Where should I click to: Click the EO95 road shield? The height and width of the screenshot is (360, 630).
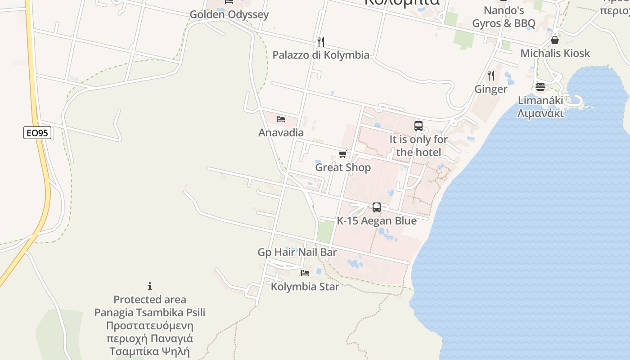37,133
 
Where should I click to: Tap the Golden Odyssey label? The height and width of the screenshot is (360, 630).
229,14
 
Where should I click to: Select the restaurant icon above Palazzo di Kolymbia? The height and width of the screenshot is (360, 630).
321,42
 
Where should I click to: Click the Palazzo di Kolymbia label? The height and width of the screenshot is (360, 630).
321,55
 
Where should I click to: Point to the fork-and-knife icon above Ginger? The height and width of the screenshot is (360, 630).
491,75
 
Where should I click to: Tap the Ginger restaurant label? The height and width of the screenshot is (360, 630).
491,89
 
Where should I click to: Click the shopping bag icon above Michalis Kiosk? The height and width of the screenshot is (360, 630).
555,40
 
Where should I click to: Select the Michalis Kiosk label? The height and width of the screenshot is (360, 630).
555,54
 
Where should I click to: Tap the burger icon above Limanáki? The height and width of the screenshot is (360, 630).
540,86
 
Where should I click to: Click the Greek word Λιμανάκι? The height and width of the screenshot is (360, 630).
540,113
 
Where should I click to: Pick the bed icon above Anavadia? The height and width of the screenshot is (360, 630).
281,119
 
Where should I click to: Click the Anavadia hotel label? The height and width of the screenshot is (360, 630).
281,133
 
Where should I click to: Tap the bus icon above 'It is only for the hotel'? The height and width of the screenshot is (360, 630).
418,126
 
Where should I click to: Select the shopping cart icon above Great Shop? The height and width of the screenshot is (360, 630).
343,154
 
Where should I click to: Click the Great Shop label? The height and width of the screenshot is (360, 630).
343,167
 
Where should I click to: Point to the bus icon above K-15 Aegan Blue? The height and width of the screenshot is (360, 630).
377,207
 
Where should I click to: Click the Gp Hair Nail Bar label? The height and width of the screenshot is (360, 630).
297,252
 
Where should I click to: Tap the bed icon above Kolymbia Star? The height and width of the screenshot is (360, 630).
305,273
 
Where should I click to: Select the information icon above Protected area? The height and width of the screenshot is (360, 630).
150,286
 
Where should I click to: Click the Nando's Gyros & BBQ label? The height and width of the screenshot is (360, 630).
504,17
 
